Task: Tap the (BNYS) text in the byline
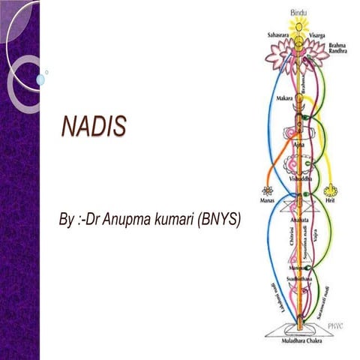click(217, 222)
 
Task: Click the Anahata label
click(298, 211)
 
